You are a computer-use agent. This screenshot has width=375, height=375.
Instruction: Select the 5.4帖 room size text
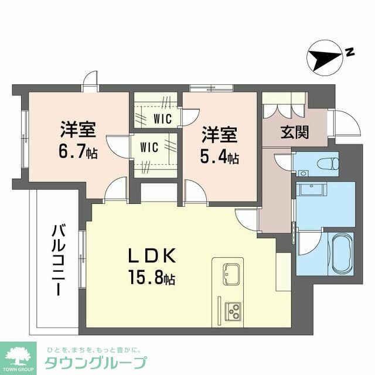click(220, 158)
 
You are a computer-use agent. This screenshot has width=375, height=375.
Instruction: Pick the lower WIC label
click(149, 148)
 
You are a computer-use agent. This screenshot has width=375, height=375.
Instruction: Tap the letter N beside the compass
click(349, 52)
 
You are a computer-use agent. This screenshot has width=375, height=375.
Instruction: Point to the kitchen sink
click(230, 272)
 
